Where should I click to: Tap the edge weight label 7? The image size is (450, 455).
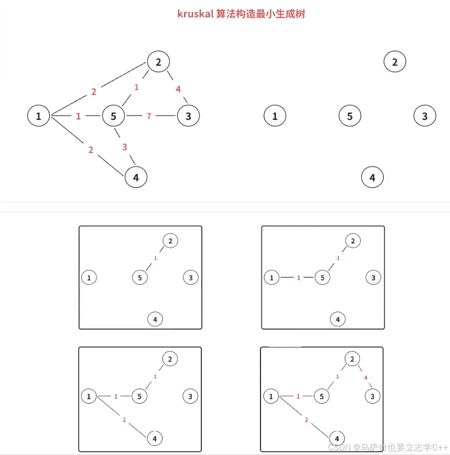149,116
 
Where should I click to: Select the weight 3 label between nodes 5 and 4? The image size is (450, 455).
125,147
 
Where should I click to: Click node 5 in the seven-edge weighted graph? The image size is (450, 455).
114,116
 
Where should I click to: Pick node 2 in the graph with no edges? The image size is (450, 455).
395,62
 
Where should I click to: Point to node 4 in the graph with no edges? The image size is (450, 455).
372,177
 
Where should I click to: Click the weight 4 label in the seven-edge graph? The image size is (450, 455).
178,90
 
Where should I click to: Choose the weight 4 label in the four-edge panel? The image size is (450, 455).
366,378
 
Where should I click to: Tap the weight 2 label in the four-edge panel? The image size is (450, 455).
306,420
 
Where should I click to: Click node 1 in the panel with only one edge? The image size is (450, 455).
89,277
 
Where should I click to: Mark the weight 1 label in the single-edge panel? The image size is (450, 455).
155,258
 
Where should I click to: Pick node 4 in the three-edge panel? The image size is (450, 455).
155,439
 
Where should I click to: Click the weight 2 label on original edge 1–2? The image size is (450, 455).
93,92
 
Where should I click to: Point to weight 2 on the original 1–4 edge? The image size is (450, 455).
90,150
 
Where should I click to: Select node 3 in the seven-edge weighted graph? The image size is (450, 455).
188,116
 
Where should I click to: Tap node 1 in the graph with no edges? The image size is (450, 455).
275,116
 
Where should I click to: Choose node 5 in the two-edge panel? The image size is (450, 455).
322,277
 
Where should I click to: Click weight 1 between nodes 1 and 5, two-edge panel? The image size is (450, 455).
299,278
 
